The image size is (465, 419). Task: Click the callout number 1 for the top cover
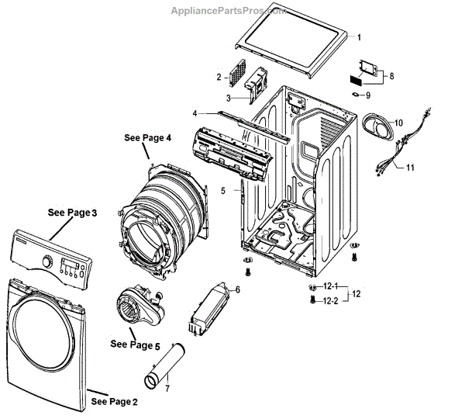359,36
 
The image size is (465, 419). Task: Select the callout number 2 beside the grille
219,78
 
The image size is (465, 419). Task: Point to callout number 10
398,123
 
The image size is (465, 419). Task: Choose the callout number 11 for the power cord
411,168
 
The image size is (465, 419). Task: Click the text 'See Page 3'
72,212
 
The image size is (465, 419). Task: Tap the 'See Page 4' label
147,137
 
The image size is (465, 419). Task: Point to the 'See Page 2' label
114,401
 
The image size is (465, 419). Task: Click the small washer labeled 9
356,96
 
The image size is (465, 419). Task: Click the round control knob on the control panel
49,263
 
